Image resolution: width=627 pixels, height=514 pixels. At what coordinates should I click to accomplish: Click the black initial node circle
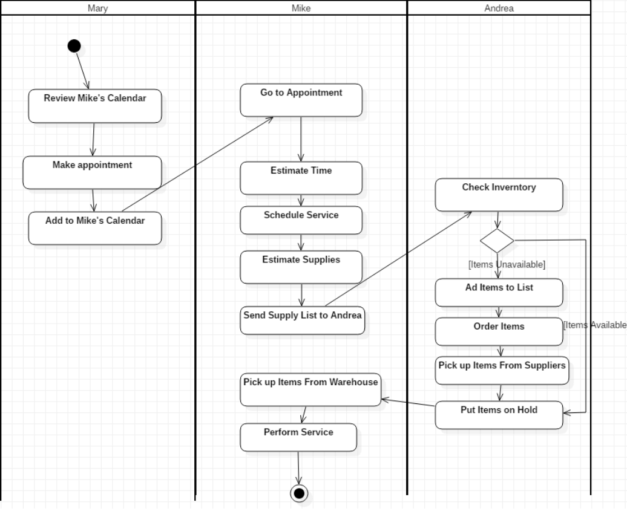tap(74, 46)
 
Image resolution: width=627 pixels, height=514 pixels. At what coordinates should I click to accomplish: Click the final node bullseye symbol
tap(298, 493)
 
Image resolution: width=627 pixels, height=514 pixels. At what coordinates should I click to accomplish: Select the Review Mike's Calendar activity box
tap(95, 106)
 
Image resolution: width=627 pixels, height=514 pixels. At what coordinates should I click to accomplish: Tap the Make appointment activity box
tap(92, 172)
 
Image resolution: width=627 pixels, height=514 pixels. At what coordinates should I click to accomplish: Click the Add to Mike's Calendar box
tap(95, 228)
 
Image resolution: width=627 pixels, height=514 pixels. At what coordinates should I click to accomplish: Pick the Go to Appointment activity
tap(301, 100)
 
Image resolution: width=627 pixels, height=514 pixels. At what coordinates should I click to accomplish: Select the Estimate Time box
tap(301, 178)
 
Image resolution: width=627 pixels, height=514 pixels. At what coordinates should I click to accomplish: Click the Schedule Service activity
tap(301, 220)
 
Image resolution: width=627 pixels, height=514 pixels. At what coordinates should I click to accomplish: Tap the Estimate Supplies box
tap(301, 267)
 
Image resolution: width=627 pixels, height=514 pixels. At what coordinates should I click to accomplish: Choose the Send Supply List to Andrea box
tap(302, 321)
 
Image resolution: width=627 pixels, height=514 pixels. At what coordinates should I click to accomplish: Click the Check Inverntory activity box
tap(499, 195)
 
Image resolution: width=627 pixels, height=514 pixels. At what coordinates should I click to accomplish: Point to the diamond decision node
tap(497, 241)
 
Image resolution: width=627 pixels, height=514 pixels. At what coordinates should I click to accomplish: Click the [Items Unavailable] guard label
tap(507, 264)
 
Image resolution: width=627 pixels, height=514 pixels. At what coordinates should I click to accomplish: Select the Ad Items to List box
tap(499, 293)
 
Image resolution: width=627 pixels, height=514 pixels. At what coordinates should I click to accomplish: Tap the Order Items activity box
tap(499, 331)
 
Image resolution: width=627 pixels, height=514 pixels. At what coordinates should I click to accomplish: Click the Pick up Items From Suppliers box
tap(502, 370)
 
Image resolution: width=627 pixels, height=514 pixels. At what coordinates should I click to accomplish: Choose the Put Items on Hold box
tap(499, 415)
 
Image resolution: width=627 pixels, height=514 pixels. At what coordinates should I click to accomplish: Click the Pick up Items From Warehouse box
tap(310, 389)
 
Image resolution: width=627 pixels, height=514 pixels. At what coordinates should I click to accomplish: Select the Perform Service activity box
tap(298, 437)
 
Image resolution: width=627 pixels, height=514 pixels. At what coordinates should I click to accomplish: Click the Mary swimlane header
tap(98, 8)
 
